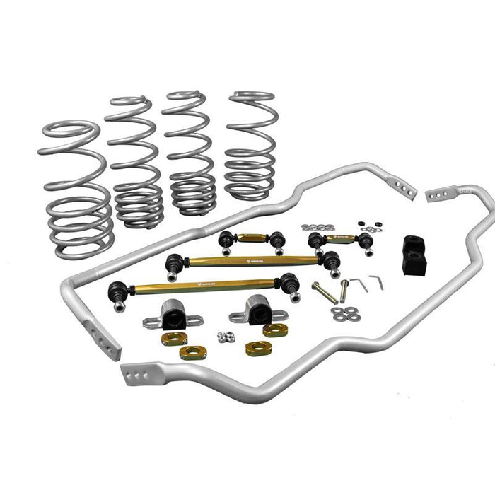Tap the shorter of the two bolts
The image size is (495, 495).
coord(344,290)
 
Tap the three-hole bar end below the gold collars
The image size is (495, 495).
coord(138,371)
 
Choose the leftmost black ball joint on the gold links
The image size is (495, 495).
coord(117,291)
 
